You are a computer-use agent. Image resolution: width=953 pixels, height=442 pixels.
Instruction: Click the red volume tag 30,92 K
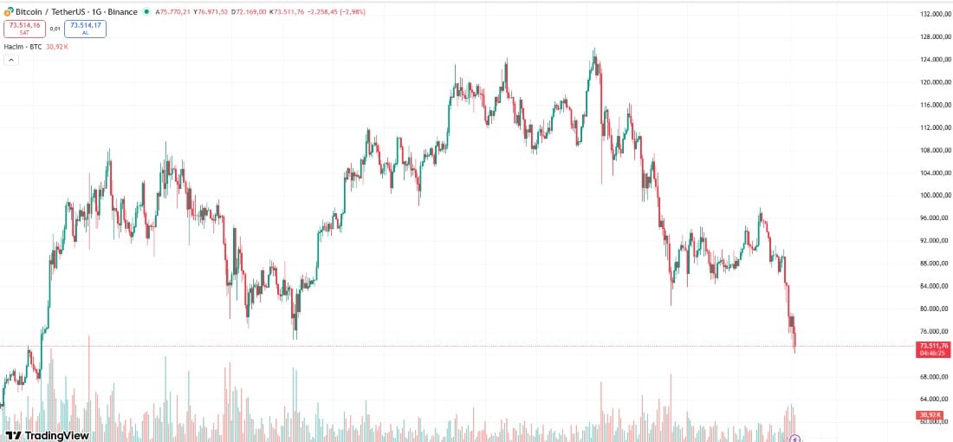933,416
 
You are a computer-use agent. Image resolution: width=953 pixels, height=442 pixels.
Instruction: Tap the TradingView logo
47,435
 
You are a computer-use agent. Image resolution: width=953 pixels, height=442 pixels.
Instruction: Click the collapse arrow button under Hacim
11,60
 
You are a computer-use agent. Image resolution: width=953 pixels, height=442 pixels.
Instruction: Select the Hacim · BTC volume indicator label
23,46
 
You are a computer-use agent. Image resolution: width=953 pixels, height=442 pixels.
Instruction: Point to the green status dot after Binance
146,11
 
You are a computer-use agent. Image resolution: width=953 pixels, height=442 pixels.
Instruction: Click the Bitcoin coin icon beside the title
8,11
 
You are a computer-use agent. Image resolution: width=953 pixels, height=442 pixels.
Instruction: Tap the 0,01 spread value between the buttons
55,28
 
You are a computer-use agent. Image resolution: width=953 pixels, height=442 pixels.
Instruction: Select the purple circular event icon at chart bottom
794,439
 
